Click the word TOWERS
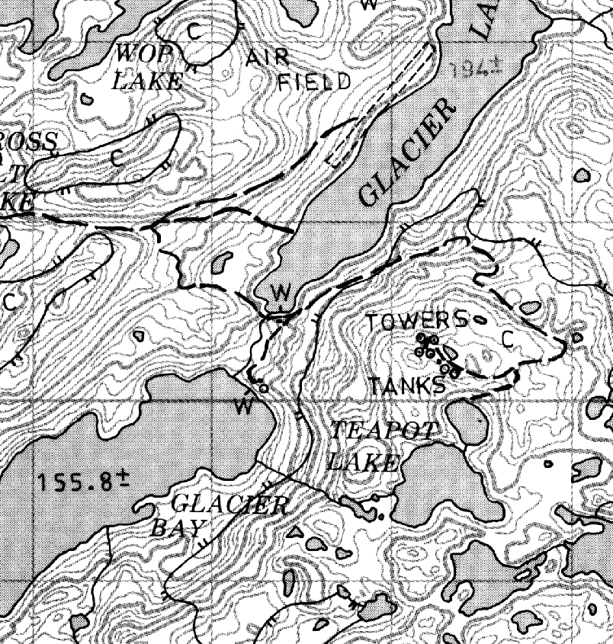coord(415,321)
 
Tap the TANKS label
coord(407,386)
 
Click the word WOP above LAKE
coord(136,53)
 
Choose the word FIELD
coord(314,82)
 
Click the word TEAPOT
coord(383,430)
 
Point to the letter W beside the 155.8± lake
coord(244,407)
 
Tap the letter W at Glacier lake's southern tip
coord(281,293)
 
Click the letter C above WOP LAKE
coord(194,30)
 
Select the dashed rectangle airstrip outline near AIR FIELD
coord(381,107)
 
